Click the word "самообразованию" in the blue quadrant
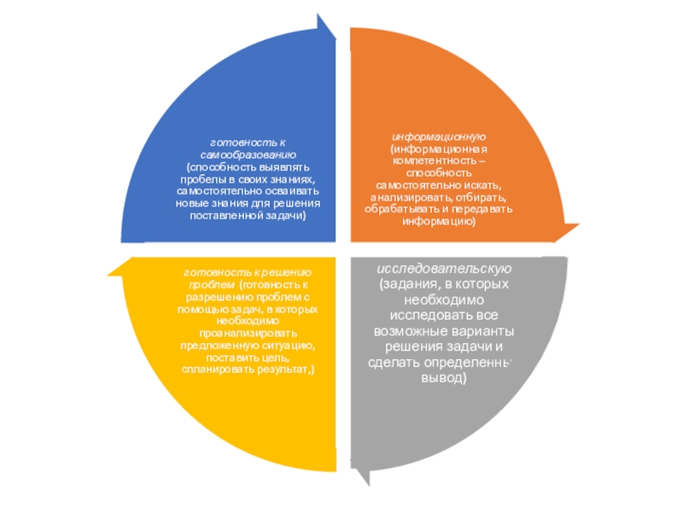coord(248,156)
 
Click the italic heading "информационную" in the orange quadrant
coord(439,137)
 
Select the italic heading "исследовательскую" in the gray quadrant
coord(444,270)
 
